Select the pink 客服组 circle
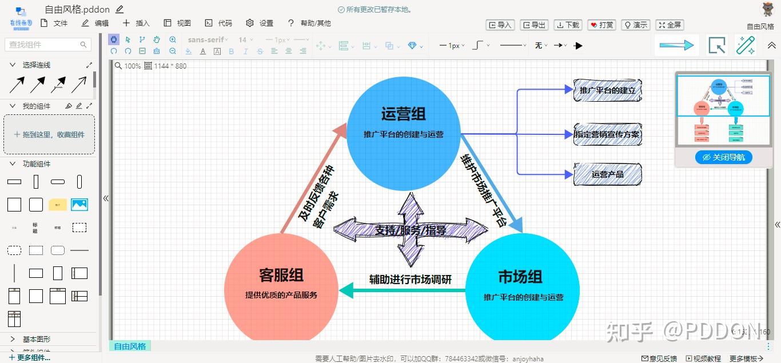tap(281, 309)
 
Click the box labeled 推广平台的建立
tap(607, 90)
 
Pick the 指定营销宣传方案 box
tap(607, 135)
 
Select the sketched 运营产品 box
tap(607, 174)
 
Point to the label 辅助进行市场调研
tap(410, 280)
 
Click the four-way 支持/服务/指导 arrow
tap(410, 229)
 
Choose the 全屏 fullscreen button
tap(670, 25)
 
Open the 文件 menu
tap(54, 23)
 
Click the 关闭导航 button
tap(723, 157)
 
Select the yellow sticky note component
tap(58, 205)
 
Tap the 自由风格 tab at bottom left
tap(130, 346)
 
